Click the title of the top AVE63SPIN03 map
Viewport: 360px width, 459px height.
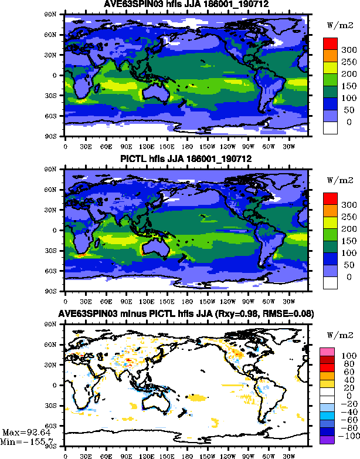coord(186,5)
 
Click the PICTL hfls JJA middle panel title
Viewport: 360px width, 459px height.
coord(186,160)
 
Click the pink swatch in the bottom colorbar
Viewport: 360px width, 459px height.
coord(326,351)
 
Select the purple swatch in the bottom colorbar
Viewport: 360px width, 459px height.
coord(326,422)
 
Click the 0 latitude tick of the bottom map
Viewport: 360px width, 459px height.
coord(57,385)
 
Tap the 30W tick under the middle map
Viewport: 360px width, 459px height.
coord(287,301)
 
